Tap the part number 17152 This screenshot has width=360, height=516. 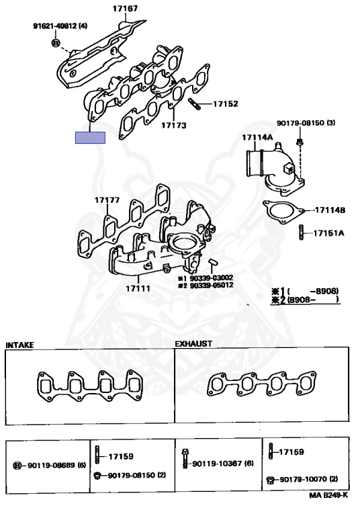[x=226, y=104]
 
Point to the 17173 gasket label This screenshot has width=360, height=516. [x=173, y=125]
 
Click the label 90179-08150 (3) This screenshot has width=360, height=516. [x=300, y=124]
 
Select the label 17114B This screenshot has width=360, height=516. [x=330, y=210]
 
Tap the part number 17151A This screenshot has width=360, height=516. [x=330, y=234]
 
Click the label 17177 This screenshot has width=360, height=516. [x=107, y=200]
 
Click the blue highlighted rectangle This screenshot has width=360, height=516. [x=90, y=138]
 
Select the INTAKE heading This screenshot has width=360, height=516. [x=19, y=345]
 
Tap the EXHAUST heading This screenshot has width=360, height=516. [x=193, y=343]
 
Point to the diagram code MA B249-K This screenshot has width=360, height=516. [x=328, y=495]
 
